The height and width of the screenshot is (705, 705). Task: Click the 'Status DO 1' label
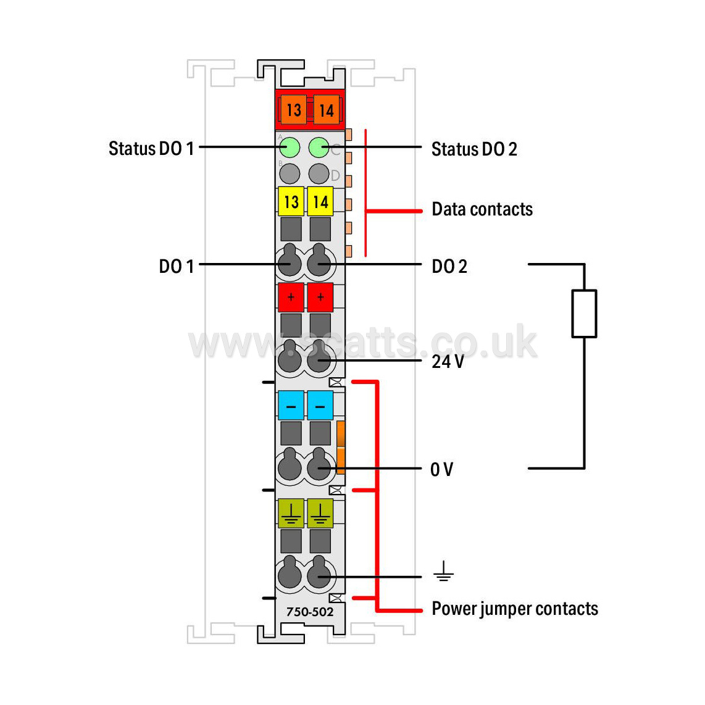pos(151,148)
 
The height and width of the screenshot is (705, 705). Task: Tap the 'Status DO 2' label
pos(474,149)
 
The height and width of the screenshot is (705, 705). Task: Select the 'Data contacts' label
pos(482,209)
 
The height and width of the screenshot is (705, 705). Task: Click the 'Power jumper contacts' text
pos(515,609)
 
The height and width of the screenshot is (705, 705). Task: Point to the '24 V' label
pos(448,362)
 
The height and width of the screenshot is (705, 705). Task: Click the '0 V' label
pos(441,469)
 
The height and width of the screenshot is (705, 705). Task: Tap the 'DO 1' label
pos(177,266)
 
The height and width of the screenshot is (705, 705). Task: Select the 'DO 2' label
pos(449,267)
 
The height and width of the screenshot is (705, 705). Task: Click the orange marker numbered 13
pos(293,110)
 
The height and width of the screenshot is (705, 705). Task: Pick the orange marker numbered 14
pos(326,110)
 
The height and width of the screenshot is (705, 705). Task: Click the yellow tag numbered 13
pos(291,201)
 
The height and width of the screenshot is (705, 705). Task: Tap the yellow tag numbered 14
pos(320,201)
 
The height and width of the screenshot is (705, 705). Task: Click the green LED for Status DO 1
pos(290,148)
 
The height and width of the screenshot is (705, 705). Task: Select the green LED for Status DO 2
pos(319,148)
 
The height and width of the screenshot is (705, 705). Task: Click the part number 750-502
pos(310,612)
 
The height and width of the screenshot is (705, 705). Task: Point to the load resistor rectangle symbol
pos(584,314)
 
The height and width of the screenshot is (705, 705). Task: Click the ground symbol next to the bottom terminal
pos(443,571)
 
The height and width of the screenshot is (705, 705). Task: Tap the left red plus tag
pos(291,297)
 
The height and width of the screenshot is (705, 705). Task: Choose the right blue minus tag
pos(320,405)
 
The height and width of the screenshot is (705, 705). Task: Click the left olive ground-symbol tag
pos(291,513)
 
